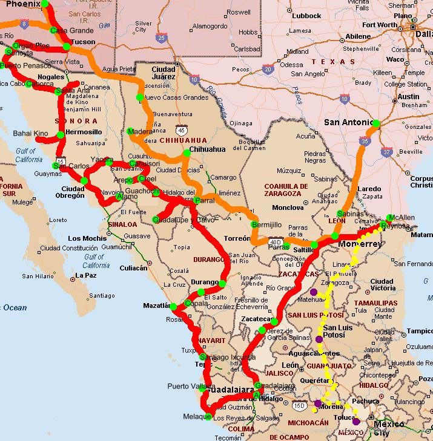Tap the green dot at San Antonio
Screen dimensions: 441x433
[x=375, y=123]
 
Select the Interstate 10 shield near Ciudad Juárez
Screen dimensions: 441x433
[x=194, y=79]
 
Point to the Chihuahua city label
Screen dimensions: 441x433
[x=207, y=149]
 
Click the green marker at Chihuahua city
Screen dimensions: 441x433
[x=187, y=153]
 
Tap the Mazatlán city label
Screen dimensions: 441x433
[x=156, y=305]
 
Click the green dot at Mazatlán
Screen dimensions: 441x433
[x=173, y=307]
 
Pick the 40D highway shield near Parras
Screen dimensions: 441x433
[x=276, y=240]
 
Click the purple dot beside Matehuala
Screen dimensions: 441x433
[x=313, y=292]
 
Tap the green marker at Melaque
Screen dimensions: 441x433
[x=208, y=416]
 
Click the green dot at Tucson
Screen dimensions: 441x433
[x=67, y=47]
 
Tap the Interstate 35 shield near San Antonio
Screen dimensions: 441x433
[x=364, y=142]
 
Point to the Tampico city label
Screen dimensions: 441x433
[x=420, y=331]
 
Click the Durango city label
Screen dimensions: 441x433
[x=204, y=282]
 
